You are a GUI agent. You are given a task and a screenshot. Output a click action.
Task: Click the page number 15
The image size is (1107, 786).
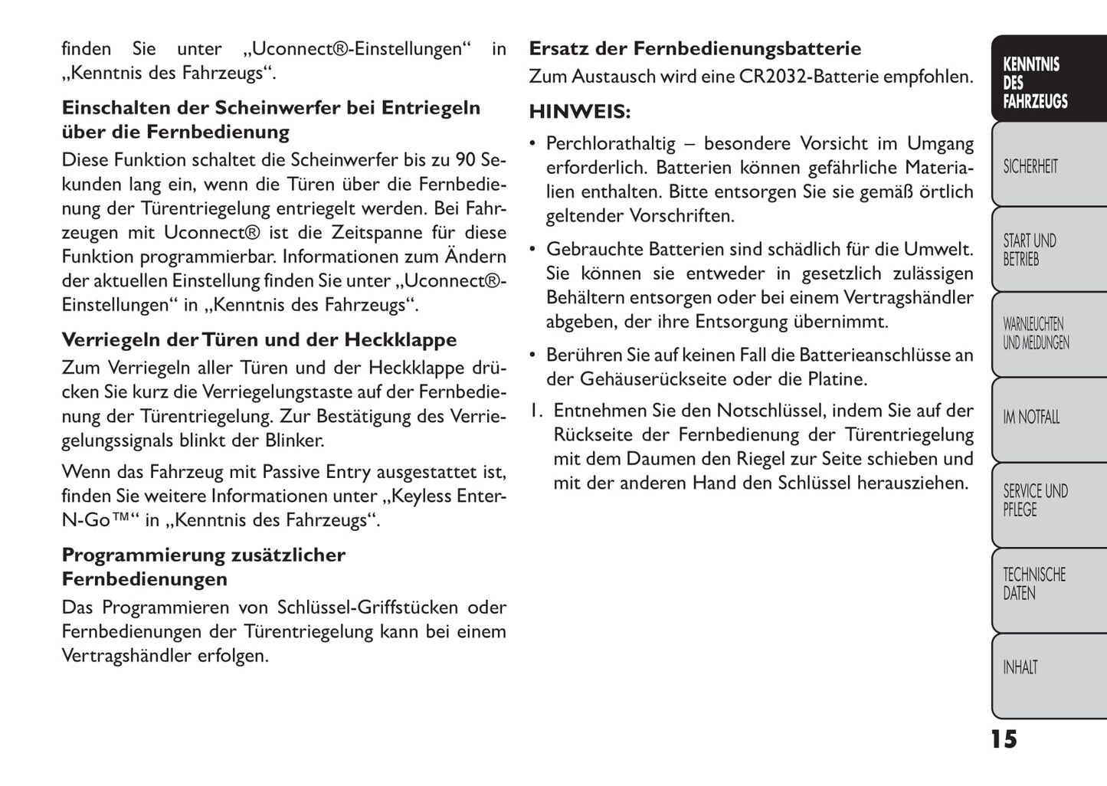1004,739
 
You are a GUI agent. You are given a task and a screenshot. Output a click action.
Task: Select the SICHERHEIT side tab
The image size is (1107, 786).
1031,166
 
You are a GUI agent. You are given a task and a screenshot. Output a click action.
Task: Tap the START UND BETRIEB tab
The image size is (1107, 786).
1030,250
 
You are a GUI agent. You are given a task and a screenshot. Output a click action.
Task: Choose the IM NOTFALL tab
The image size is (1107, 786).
1031,418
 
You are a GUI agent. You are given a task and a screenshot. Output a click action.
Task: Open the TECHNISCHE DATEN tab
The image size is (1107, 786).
1034,584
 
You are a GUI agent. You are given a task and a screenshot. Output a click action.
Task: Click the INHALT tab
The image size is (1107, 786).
1020,668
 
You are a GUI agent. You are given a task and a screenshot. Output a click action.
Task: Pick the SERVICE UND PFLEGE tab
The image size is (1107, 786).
1035,500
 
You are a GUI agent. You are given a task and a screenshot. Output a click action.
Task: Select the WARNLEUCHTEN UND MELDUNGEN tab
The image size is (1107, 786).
1036,334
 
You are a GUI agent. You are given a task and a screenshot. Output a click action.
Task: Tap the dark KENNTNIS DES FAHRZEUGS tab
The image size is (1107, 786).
1035,83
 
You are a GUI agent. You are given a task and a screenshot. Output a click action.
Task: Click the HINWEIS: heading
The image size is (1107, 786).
580,112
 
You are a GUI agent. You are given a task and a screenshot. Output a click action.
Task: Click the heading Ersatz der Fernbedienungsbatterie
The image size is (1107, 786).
695,49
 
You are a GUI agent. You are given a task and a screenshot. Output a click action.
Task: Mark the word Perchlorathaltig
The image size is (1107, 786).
611,143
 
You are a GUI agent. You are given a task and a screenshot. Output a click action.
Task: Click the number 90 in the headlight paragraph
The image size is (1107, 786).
466,160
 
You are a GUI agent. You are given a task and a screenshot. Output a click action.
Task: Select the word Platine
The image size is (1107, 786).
837,379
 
